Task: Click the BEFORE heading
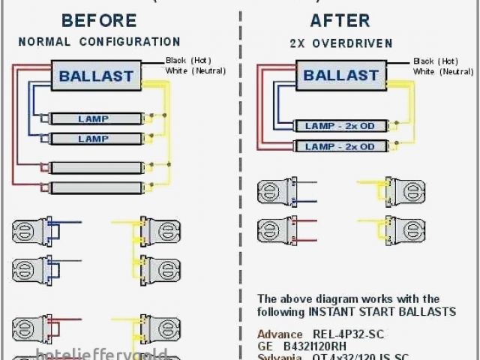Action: point(98,20)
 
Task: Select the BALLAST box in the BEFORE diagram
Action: point(96,76)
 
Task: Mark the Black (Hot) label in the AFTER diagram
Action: point(435,61)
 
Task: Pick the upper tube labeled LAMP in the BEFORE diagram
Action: point(94,118)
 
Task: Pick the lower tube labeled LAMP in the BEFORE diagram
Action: point(94,139)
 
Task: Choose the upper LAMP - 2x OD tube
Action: point(339,126)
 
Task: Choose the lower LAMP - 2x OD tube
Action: point(339,146)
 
